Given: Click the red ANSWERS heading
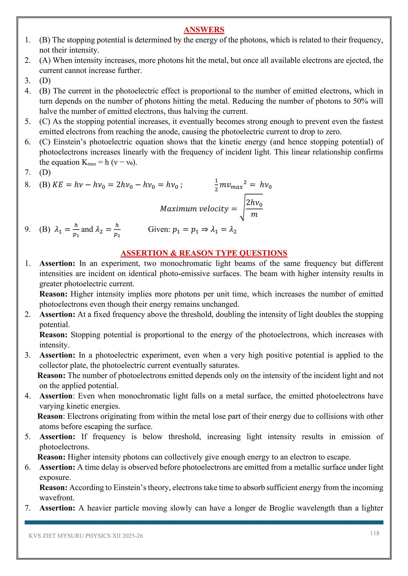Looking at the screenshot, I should pyautogui.click(x=204, y=30).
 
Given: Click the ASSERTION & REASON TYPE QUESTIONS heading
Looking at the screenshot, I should pyautogui.click(x=204, y=253).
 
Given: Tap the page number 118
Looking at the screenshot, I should pyautogui.click(x=375, y=533).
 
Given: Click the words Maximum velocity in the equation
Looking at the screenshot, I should pyautogui.click(x=194, y=209).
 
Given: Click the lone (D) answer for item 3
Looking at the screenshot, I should pyautogui.click(x=45, y=81).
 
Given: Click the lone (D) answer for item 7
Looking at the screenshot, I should pyautogui.click(x=45, y=173).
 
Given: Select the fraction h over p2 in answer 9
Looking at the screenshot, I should pyautogui.click(x=117, y=230).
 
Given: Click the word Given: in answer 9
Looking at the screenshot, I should pyautogui.click(x=159, y=229).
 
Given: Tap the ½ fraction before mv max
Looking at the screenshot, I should pyautogui.click(x=216, y=185).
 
